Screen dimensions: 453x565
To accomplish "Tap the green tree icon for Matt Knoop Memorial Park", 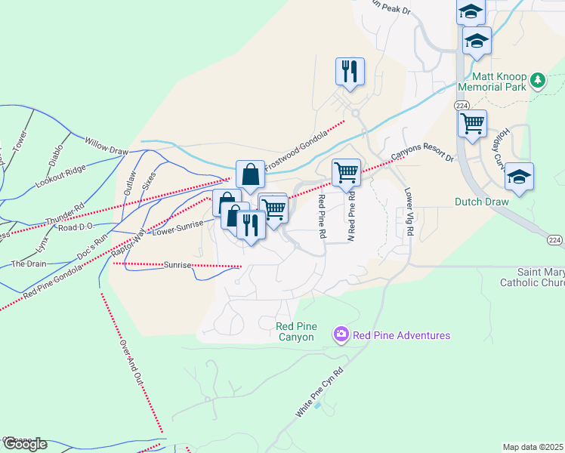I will [x=537, y=79].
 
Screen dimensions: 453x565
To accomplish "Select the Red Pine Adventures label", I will [x=401, y=335].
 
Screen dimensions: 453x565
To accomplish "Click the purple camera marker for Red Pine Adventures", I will [x=341, y=334].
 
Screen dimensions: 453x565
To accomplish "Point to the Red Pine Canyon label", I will [x=295, y=331].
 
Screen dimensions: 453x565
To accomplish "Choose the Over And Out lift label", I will [x=130, y=362].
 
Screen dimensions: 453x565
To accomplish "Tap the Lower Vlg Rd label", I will [x=409, y=212].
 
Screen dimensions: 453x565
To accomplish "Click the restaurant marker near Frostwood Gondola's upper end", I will [x=350, y=72].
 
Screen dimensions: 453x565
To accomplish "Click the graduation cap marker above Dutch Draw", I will [x=519, y=176].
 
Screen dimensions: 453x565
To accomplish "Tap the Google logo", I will [x=24, y=444].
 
